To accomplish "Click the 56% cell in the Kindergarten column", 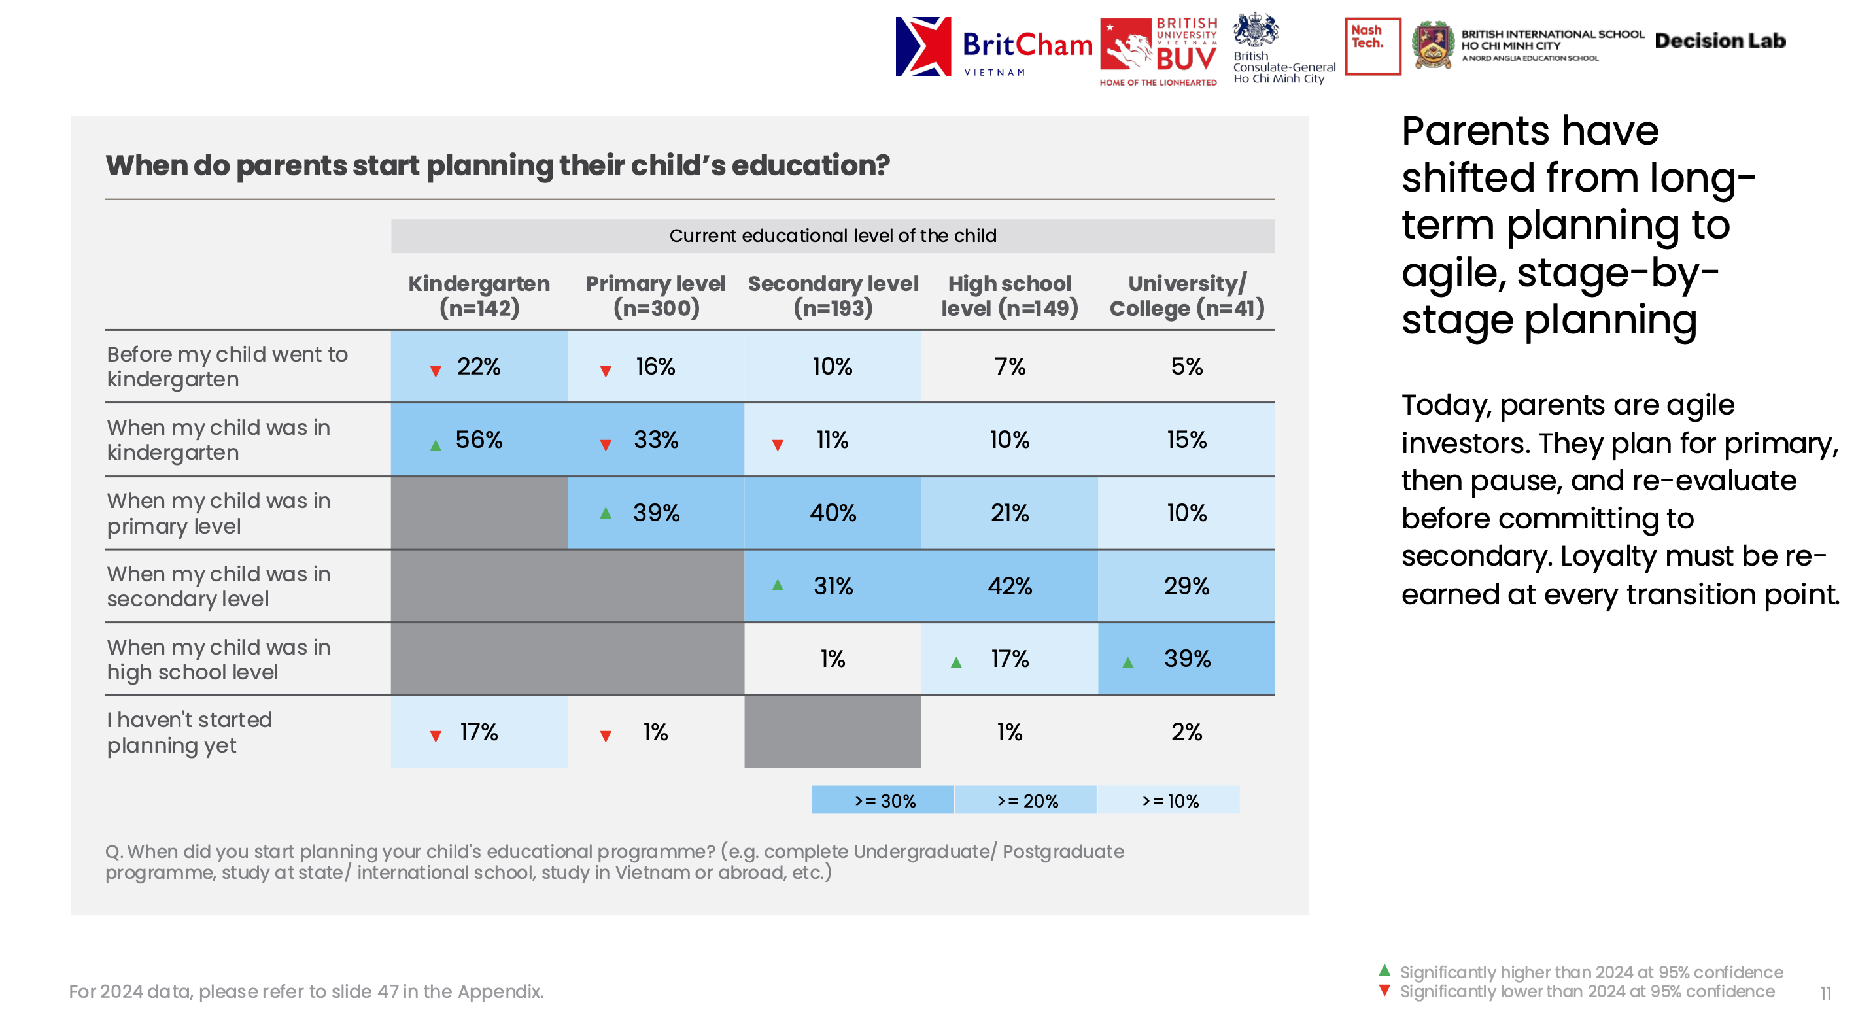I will click(x=479, y=439).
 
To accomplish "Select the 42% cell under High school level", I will click(x=1009, y=586).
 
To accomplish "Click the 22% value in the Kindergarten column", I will click(x=479, y=366).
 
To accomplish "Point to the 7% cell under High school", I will click(x=1009, y=366).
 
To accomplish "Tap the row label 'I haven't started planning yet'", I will click(x=190, y=732).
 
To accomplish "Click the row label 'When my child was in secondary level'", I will click(x=218, y=586).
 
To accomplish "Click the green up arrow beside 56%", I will click(x=435, y=445).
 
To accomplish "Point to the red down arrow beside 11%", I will click(x=778, y=445).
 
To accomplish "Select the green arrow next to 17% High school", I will click(x=956, y=662).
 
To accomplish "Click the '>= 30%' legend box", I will click(x=883, y=800).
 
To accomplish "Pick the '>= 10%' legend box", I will click(x=1169, y=800).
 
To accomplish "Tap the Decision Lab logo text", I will click(x=1720, y=41).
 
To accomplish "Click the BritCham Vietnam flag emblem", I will click(x=923, y=46).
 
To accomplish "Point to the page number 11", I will click(x=1825, y=994).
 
